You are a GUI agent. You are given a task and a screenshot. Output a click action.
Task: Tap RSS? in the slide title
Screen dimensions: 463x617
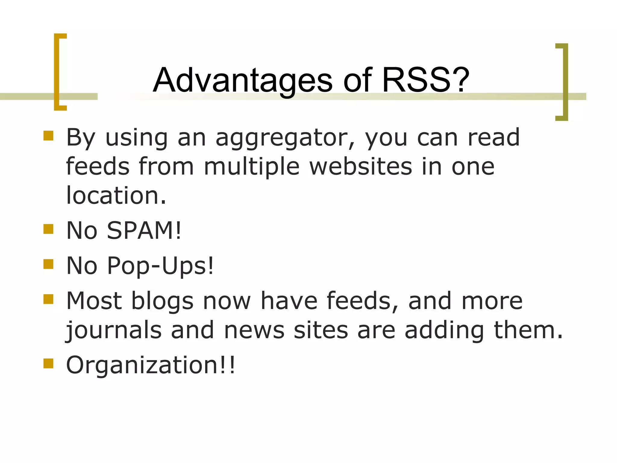pos(425,80)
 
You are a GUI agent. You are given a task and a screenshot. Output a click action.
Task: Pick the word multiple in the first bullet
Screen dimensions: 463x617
pos(252,167)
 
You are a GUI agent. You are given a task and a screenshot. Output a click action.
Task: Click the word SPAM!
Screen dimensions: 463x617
pos(144,231)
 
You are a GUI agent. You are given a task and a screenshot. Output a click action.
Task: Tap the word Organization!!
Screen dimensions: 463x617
pos(150,365)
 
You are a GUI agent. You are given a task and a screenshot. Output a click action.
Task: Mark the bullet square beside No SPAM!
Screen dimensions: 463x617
pos(48,229)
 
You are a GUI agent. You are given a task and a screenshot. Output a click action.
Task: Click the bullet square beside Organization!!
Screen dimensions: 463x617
pos(48,364)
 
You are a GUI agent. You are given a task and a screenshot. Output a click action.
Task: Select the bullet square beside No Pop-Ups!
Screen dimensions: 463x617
pos(48,264)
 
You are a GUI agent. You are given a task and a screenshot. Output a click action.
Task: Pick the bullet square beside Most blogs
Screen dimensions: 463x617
pos(48,299)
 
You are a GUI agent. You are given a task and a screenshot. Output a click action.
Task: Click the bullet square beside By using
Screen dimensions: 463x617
pos(48,136)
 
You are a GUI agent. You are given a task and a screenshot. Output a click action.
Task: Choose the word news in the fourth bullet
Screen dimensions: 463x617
pos(254,330)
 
